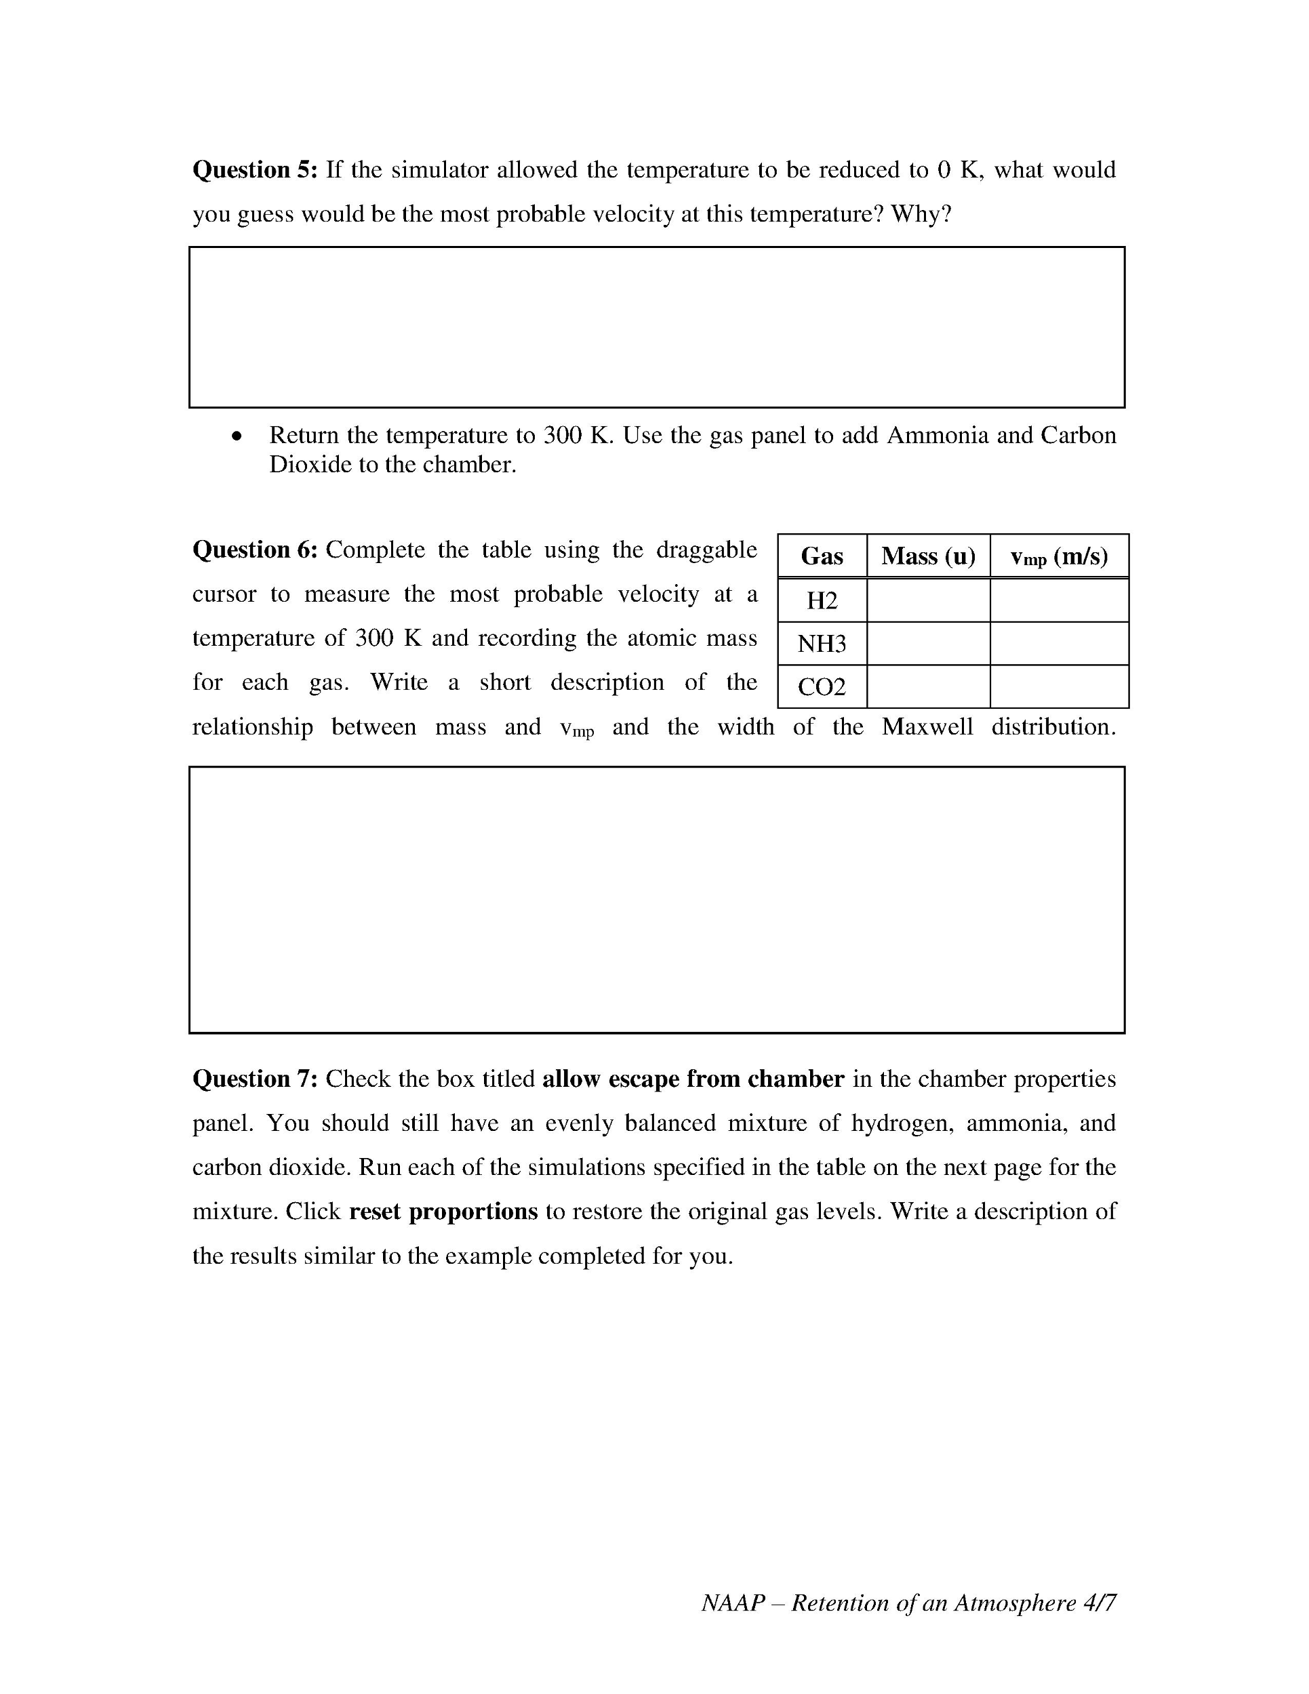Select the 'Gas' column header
click(822, 556)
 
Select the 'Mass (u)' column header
click(928, 556)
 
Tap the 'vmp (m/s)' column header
click(1059, 556)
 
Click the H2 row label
click(822, 600)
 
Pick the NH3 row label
click(822, 644)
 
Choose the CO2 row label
click(822, 687)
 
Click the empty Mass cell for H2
click(928, 600)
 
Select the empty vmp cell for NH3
click(1059, 644)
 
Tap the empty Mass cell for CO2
click(928, 687)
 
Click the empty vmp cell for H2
click(1059, 600)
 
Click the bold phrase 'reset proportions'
click(443, 1212)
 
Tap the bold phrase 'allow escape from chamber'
click(693, 1079)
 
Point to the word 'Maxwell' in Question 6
click(927, 727)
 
